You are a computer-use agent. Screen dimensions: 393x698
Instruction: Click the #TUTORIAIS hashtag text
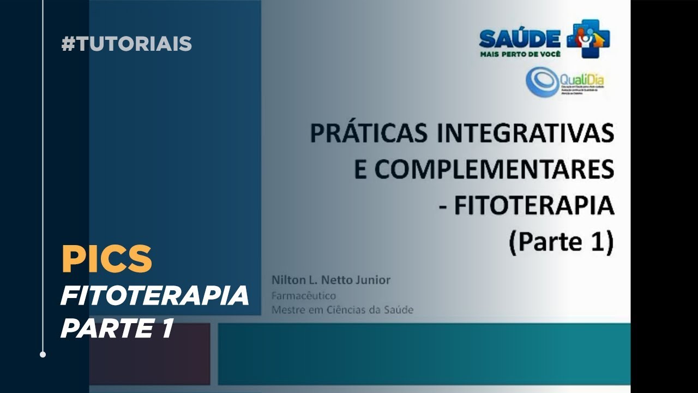pyautogui.click(x=127, y=44)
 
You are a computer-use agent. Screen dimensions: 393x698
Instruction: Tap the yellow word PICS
pyautogui.click(x=106, y=259)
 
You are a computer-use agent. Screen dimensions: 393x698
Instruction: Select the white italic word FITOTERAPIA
pyautogui.click(x=154, y=296)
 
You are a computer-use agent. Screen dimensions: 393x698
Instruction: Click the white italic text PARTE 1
pyautogui.click(x=117, y=329)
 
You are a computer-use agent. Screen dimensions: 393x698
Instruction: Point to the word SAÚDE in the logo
pyautogui.click(x=520, y=38)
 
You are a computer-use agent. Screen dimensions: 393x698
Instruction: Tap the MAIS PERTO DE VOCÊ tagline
pyautogui.click(x=520, y=54)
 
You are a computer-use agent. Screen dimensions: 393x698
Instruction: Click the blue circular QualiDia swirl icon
pyautogui.click(x=543, y=82)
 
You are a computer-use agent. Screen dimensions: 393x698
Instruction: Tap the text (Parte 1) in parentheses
pyautogui.click(x=561, y=242)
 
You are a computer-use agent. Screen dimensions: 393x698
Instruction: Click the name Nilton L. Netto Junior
pyautogui.click(x=331, y=280)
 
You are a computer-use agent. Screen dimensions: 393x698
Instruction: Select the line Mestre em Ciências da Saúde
pyautogui.click(x=342, y=310)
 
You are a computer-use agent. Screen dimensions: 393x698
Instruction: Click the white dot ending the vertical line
pyautogui.click(x=43, y=354)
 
